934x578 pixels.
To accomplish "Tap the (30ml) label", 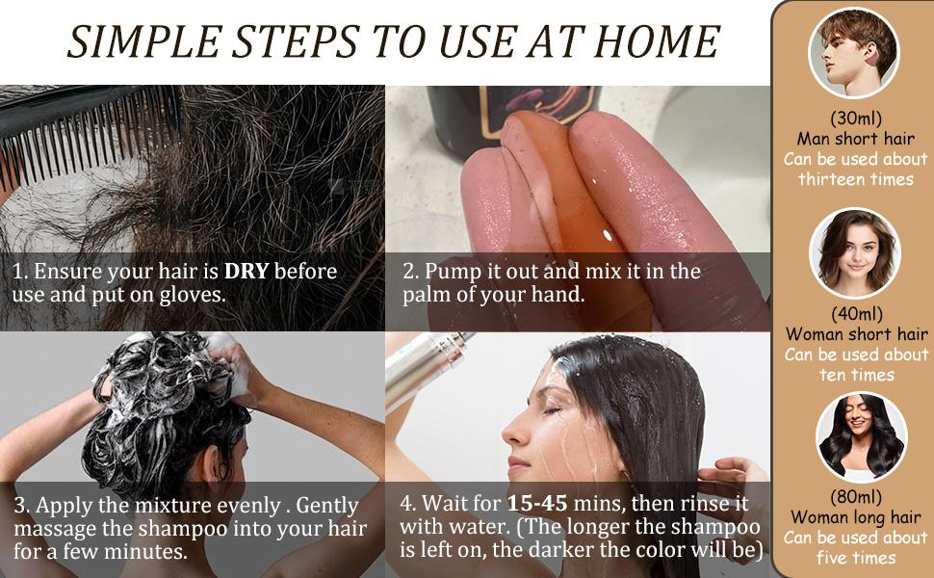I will [855, 118].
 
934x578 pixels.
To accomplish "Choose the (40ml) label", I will [855, 314].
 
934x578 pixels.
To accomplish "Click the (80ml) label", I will [855, 497].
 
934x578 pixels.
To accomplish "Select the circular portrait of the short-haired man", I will [854, 53].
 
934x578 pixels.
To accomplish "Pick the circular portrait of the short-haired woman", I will [854, 252].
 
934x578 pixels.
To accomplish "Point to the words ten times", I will [856, 375].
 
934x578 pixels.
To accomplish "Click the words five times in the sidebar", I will [855, 558].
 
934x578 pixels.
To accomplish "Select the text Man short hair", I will [855, 139].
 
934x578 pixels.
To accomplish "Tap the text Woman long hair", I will [855, 517].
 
